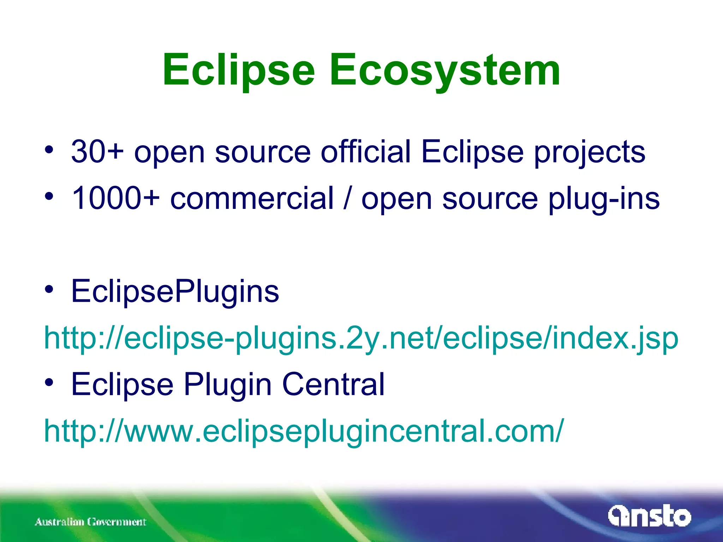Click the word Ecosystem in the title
tap(445, 71)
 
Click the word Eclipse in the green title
tap(238, 71)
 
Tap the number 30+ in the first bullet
tap(97, 152)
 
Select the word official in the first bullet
tap(366, 152)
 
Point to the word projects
tap(590, 152)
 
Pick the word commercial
tap(252, 198)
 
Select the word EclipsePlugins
tap(175, 291)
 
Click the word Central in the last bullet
tap(333, 385)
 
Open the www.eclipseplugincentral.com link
tap(304, 431)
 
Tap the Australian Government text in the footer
tap(90, 522)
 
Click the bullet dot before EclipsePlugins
tap(49, 290)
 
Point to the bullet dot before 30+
tap(49, 150)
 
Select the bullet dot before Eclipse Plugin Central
tap(49, 383)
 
